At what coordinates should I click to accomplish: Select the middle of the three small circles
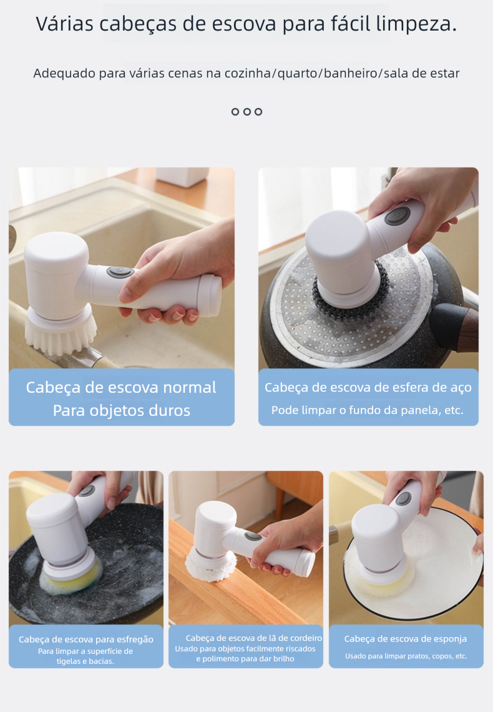246,112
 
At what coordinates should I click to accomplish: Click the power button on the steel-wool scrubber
398,215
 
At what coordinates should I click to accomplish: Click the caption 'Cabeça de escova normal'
121,387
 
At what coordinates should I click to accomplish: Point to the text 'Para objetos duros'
122,410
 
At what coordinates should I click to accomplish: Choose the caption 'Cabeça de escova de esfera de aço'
368,387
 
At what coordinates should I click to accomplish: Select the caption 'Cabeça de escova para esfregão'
86,640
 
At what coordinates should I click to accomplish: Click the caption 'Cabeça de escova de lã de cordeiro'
254,638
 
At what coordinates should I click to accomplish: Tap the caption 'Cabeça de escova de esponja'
406,639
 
